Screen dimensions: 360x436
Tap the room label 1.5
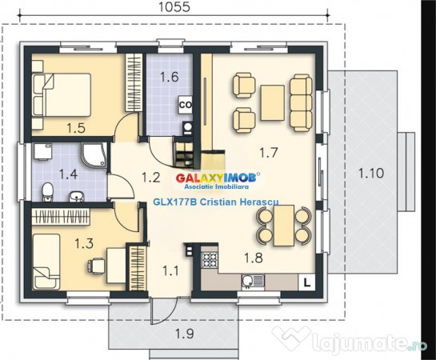click(76, 126)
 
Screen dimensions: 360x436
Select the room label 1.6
click(169, 78)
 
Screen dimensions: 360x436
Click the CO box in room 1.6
click(184, 104)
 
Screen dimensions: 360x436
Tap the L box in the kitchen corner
click(306, 281)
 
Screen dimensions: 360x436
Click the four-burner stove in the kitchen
click(211, 261)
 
